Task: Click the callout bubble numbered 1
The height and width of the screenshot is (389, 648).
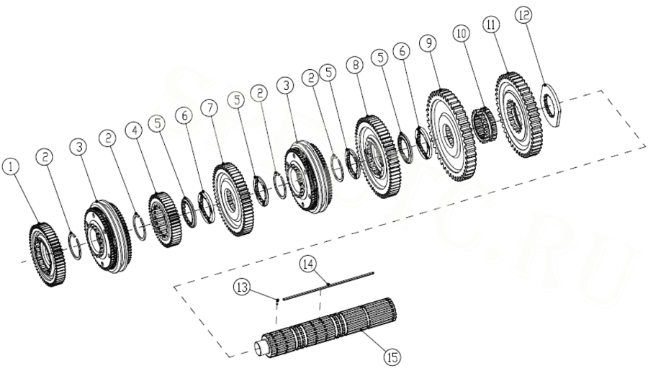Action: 10,166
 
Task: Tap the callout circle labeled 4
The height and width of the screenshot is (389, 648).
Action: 133,130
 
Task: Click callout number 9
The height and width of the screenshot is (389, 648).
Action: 429,44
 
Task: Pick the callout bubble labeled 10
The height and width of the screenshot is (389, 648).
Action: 462,33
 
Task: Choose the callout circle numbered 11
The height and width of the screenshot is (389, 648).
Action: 492,24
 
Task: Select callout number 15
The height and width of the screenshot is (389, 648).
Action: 392,356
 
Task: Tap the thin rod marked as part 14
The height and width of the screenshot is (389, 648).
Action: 328,285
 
